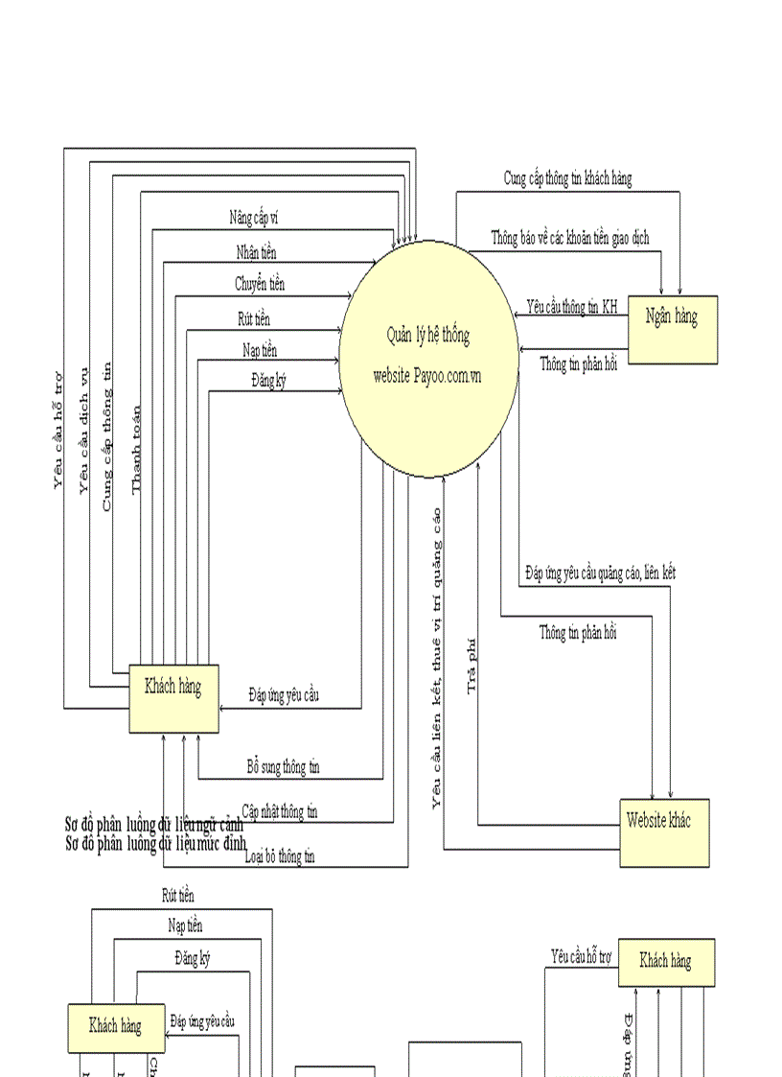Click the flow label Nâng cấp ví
pyautogui.click(x=254, y=219)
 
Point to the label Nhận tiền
pyautogui.click(x=257, y=252)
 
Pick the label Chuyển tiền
pyautogui.click(x=260, y=284)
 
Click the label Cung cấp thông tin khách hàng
pyautogui.click(x=567, y=178)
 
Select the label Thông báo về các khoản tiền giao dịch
pyautogui.click(x=570, y=238)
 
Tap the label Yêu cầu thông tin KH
pyautogui.click(x=572, y=307)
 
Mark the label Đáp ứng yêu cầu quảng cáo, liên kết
pyautogui.click(x=601, y=573)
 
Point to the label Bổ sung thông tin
pyautogui.click(x=283, y=767)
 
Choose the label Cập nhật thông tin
pyautogui.click(x=280, y=811)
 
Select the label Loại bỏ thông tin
pyautogui.click(x=280, y=857)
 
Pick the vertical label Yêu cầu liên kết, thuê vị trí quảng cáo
pyautogui.click(x=437, y=657)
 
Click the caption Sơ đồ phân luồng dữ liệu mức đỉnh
pyautogui.click(x=156, y=844)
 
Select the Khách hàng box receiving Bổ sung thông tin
pyautogui.click(x=173, y=698)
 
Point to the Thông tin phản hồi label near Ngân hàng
pyautogui.click(x=578, y=363)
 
